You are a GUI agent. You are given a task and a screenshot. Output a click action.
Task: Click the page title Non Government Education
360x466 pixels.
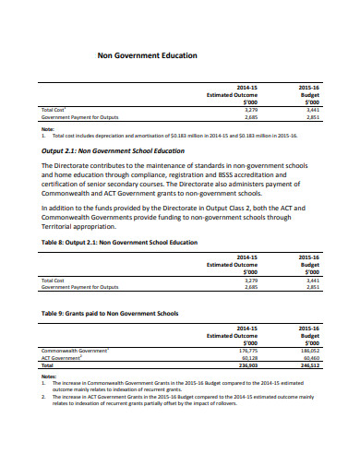click(147, 55)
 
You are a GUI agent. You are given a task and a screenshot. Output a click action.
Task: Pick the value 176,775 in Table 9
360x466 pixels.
click(248, 351)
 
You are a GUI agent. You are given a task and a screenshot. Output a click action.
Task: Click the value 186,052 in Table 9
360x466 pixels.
click(308, 351)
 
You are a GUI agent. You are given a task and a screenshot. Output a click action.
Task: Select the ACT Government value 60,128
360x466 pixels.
click(249, 358)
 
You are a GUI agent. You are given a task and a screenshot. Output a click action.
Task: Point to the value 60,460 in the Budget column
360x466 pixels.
click(309, 358)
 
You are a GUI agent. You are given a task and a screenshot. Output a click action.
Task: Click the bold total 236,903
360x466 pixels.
click(248, 365)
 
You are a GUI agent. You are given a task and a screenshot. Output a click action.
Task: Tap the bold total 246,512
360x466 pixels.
click(308, 365)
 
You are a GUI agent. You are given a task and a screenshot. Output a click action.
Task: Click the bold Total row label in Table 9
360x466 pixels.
click(48, 365)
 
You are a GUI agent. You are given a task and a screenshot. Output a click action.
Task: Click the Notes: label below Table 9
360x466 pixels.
click(49, 376)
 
